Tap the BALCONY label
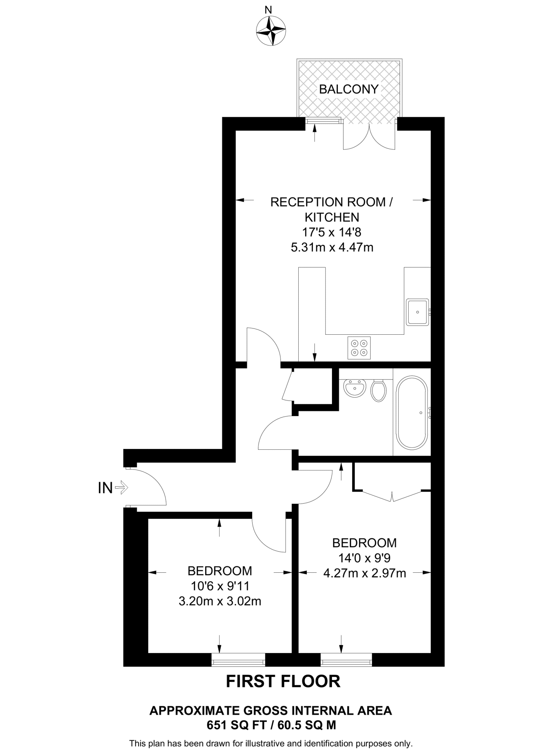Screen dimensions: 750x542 pyautogui.click(x=349, y=89)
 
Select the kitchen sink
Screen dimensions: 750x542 pyautogui.click(x=417, y=312)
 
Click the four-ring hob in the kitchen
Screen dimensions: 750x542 pyautogui.click(x=359, y=348)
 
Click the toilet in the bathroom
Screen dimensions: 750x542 pyautogui.click(x=378, y=391)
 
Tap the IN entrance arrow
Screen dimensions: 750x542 pyautogui.click(x=121, y=487)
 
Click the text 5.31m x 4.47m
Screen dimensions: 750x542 pyautogui.click(x=332, y=248)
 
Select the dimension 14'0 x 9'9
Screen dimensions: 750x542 pyautogui.click(x=364, y=558)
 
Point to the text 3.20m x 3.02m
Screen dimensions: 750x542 pyautogui.click(x=220, y=601)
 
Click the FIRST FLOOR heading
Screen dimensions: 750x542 pyautogui.click(x=283, y=681)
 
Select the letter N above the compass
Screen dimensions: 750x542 pyautogui.click(x=268, y=10)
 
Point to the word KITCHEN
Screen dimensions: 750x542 pyautogui.click(x=332, y=217)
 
